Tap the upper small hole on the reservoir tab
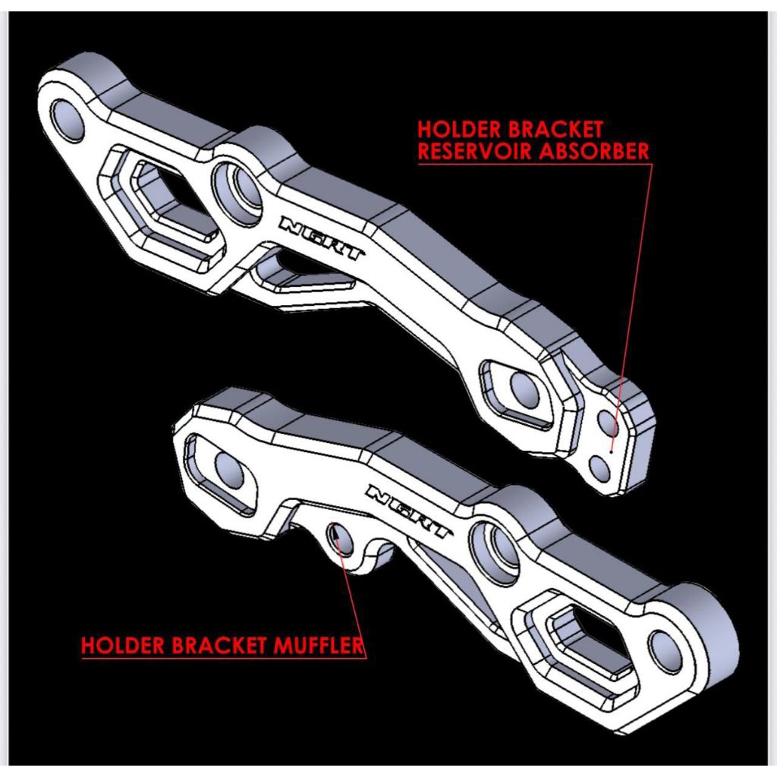[610, 423]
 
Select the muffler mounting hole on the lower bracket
[338, 539]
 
